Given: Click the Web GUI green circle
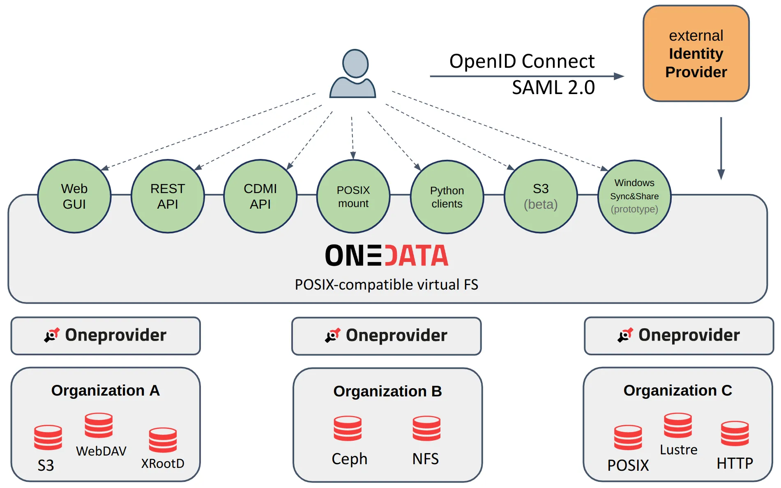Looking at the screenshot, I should pyautogui.click(x=74, y=196).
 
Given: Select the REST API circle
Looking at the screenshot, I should pyautogui.click(x=168, y=196).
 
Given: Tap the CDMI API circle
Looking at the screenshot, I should pyautogui.click(x=260, y=196).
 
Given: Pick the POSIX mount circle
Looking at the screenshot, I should pyautogui.click(x=353, y=197).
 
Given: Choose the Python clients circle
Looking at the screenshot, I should pyautogui.click(x=447, y=197).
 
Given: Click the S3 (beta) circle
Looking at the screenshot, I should pyautogui.click(x=541, y=196).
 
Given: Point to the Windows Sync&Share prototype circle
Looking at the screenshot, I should pyautogui.click(x=634, y=197).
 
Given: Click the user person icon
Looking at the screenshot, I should pyautogui.click(x=353, y=74).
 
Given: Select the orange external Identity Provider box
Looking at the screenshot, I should pyautogui.click(x=696, y=54).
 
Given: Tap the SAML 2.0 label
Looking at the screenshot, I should pyautogui.click(x=553, y=87).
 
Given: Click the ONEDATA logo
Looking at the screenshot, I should pyautogui.click(x=387, y=256).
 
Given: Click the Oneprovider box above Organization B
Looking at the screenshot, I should pyautogui.click(x=387, y=336).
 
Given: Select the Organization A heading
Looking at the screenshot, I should pyautogui.click(x=106, y=390).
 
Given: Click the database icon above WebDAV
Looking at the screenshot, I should pyautogui.click(x=99, y=426).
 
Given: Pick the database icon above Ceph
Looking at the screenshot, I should pyautogui.click(x=348, y=428).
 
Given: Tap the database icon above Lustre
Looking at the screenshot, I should pyautogui.click(x=678, y=426).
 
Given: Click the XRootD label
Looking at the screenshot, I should pyautogui.click(x=163, y=463).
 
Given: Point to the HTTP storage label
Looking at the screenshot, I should pyautogui.click(x=735, y=463).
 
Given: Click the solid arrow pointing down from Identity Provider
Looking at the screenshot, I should pyautogui.click(x=721, y=148).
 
